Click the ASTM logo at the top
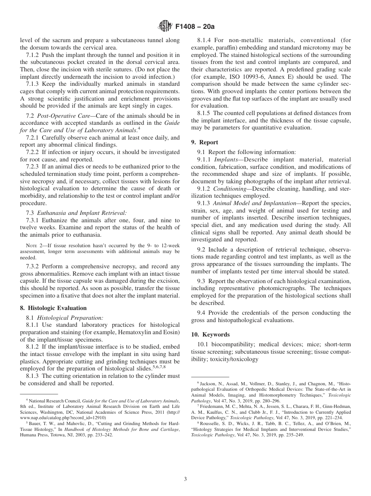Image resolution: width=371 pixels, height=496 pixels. (x=164, y=27)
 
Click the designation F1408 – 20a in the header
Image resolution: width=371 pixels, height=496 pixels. (x=192, y=27)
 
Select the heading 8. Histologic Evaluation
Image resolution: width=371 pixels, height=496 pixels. (x=53, y=308)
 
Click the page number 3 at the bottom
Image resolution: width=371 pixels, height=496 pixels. (x=185, y=479)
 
